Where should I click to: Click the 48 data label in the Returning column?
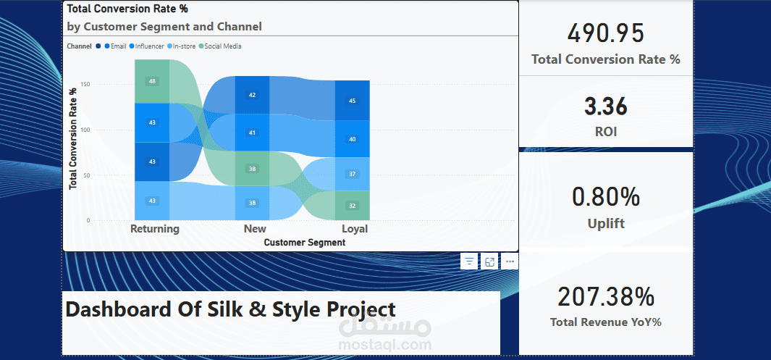(152, 81)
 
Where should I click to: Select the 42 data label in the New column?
(252, 95)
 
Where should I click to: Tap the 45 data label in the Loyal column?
(352, 101)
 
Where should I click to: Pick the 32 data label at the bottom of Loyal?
(352, 206)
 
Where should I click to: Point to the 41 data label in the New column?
(252, 133)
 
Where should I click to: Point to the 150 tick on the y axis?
(85, 85)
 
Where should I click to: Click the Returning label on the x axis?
(154, 229)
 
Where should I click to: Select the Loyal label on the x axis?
(355, 229)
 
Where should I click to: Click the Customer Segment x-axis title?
(305, 243)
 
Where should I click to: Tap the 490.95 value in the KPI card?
(605, 34)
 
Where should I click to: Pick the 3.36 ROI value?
(605, 106)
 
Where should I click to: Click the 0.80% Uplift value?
(605, 196)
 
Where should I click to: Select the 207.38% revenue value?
(605, 296)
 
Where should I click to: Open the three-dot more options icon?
(510, 261)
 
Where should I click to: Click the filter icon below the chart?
(469, 261)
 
